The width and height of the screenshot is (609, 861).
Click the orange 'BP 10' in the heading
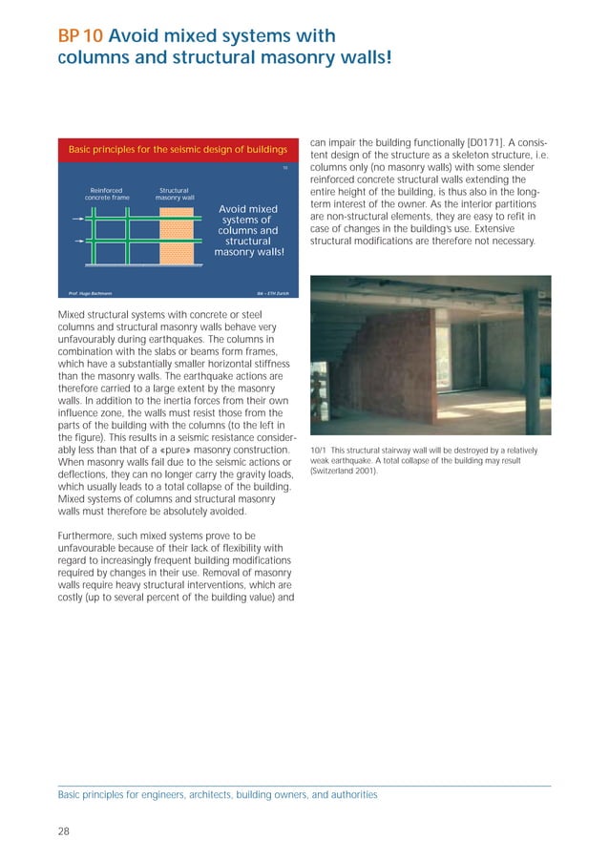pos(80,37)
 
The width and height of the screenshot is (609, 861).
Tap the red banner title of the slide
pos(178,150)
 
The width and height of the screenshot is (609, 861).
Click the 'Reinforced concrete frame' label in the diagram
pos(106,194)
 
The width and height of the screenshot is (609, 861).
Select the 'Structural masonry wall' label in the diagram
pos(174,194)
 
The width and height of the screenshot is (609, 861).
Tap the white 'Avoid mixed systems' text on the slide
pos(248,230)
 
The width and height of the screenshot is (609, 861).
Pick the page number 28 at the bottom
pos(64,832)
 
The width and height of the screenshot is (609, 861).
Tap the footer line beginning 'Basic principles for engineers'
pos(218,794)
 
